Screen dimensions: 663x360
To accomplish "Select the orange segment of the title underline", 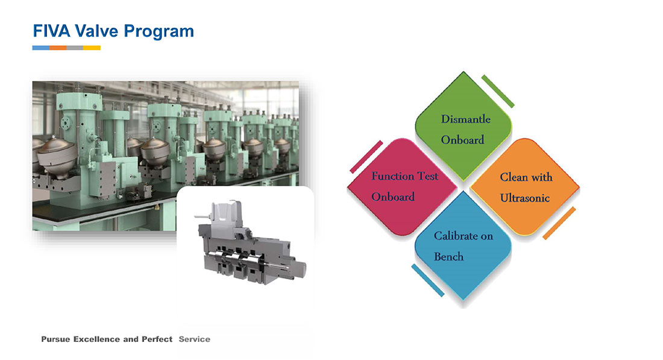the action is [x=58, y=48].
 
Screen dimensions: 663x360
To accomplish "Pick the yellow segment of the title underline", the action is [x=92, y=48].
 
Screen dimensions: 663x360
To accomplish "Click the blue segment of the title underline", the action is [x=41, y=48].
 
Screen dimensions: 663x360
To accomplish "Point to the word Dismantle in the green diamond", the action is [x=465, y=119].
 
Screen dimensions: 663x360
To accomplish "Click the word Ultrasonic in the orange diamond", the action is [x=525, y=198].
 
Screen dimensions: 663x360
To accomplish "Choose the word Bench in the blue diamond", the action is [x=448, y=257].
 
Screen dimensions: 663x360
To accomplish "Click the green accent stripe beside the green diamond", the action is [x=498, y=92].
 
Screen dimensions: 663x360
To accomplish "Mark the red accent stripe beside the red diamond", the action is [x=366, y=157].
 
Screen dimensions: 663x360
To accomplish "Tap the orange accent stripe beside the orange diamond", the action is [x=559, y=223].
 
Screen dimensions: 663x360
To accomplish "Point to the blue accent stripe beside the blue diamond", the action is [x=428, y=280].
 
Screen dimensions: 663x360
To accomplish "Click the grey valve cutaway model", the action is [x=251, y=244].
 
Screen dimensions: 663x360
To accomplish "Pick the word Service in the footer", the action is [x=195, y=339].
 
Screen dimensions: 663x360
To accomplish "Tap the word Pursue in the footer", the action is [x=56, y=339].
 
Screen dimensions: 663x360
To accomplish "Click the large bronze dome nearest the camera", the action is [x=57, y=155].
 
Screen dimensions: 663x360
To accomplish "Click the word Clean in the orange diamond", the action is [x=514, y=177].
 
